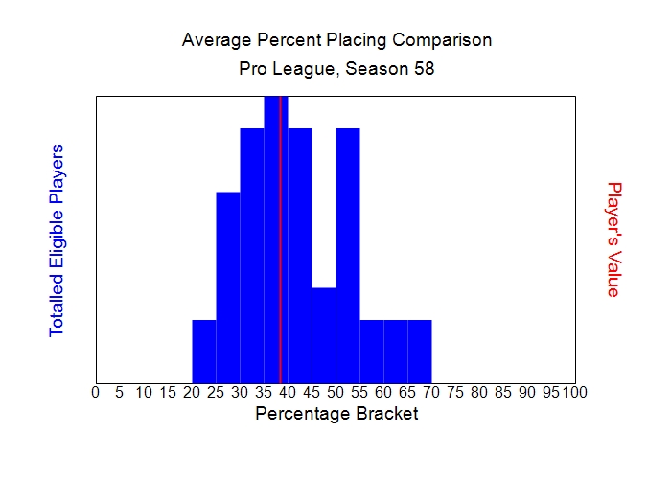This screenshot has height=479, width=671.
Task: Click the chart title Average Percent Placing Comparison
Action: click(336, 40)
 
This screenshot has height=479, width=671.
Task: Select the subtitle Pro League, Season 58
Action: click(336, 70)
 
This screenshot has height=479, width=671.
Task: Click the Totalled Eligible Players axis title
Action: click(57, 239)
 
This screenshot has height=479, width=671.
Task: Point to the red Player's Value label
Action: click(614, 239)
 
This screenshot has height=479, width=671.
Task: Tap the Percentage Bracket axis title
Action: click(336, 414)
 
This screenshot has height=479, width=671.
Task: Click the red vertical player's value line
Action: click(280, 239)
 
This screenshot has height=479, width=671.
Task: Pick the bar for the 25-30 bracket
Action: click(228, 287)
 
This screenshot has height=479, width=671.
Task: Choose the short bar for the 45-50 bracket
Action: click(324, 334)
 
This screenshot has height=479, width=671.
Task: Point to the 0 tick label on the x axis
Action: click(95, 392)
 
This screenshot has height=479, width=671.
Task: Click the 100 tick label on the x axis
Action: click(574, 392)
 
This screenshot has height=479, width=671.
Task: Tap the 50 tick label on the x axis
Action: click(335, 392)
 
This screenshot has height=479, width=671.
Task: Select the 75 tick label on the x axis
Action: click(455, 392)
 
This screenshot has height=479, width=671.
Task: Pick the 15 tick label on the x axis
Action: click(167, 392)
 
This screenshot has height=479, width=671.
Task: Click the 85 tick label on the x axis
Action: click(503, 392)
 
